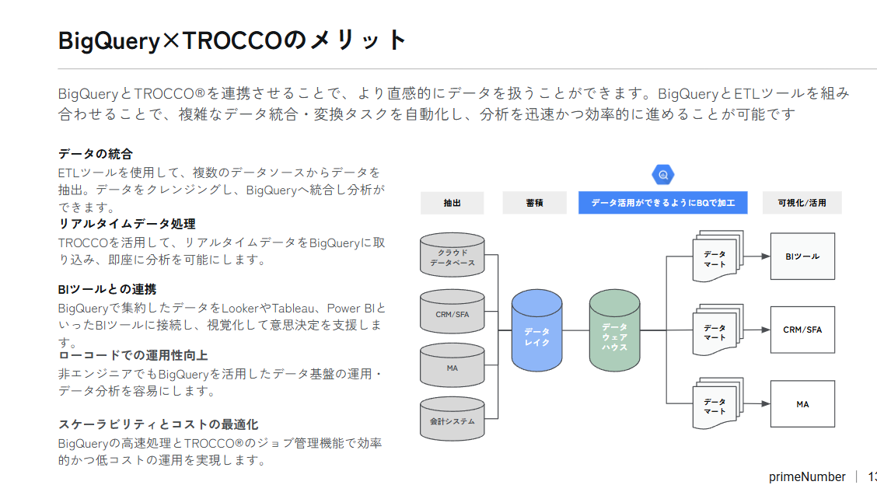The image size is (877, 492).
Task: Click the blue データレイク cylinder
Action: [x=536, y=330]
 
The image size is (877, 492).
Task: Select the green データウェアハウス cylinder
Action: [x=614, y=330]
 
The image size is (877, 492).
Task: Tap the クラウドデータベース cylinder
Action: [x=452, y=255]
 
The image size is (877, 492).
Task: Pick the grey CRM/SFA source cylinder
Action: [x=452, y=312]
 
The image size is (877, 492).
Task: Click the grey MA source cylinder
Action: [x=452, y=365]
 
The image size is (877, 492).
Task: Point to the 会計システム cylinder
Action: [x=452, y=419]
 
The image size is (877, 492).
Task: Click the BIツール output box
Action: [x=802, y=256]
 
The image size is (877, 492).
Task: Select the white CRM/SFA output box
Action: [x=802, y=330]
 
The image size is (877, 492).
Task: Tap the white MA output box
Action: [x=802, y=403]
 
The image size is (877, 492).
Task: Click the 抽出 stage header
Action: [x=452, y=203]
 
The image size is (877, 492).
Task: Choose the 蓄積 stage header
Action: [x=534, y=203]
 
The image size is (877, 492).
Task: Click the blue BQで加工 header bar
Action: [x=662, y=203]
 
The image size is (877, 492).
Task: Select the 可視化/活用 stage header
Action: [x=802, y=203]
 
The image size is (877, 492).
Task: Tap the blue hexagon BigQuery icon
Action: [x=662, y=175]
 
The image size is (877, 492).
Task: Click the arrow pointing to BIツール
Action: [x=757, y=256]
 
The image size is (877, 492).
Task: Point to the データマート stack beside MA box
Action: [x=718, y=403]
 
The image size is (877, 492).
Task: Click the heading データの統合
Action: [x=96, y=154]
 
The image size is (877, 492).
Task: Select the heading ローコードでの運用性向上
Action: [x=133, y=355]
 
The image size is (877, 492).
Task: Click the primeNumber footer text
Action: [x=807, y=477]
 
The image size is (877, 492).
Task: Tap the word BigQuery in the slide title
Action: [x=109, y=41]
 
